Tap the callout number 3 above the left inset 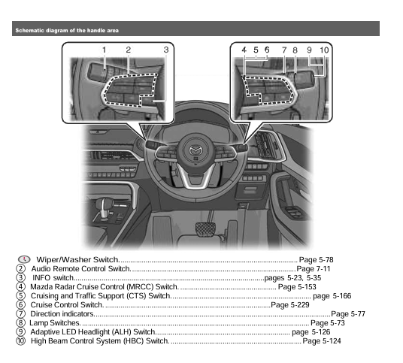166,50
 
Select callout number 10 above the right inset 324,50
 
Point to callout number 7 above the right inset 284,50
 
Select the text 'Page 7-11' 314,268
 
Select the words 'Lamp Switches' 55,322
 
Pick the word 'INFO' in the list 41,277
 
